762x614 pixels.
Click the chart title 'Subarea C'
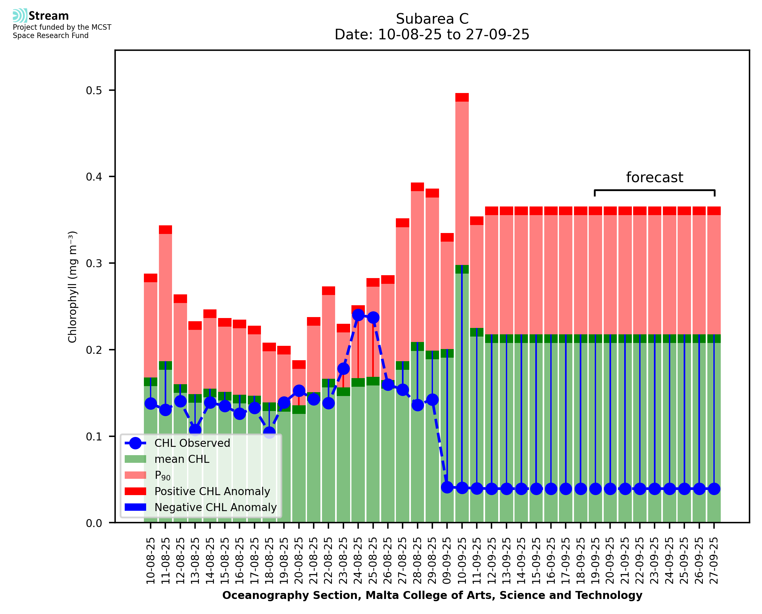tap(432, 19)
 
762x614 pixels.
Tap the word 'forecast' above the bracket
tap(655, 177)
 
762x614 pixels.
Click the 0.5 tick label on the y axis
tap(94, 90)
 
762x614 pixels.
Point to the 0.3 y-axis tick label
tap(94, 263)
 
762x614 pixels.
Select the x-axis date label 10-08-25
tap(151, 561)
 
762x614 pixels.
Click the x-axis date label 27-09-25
tap(714, 561)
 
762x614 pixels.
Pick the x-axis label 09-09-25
tap(447, 561)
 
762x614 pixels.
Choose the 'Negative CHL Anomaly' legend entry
tap(215, 507)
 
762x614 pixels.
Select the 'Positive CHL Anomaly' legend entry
tap(212, 491)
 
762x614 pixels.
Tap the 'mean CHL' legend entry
tap(182, 459)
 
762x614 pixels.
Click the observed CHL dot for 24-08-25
tap(358, 315)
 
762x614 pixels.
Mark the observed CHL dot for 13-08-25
tap(195, 430)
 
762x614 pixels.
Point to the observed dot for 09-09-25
tap(447, 487)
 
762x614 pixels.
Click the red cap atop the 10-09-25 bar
tap(462, 97)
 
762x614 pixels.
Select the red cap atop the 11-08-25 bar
tap(165, 229)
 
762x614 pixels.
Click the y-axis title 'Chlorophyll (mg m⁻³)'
tap(72, 287)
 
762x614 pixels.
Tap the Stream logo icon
tap(20, 16)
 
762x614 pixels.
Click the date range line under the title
tap(432, 35)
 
